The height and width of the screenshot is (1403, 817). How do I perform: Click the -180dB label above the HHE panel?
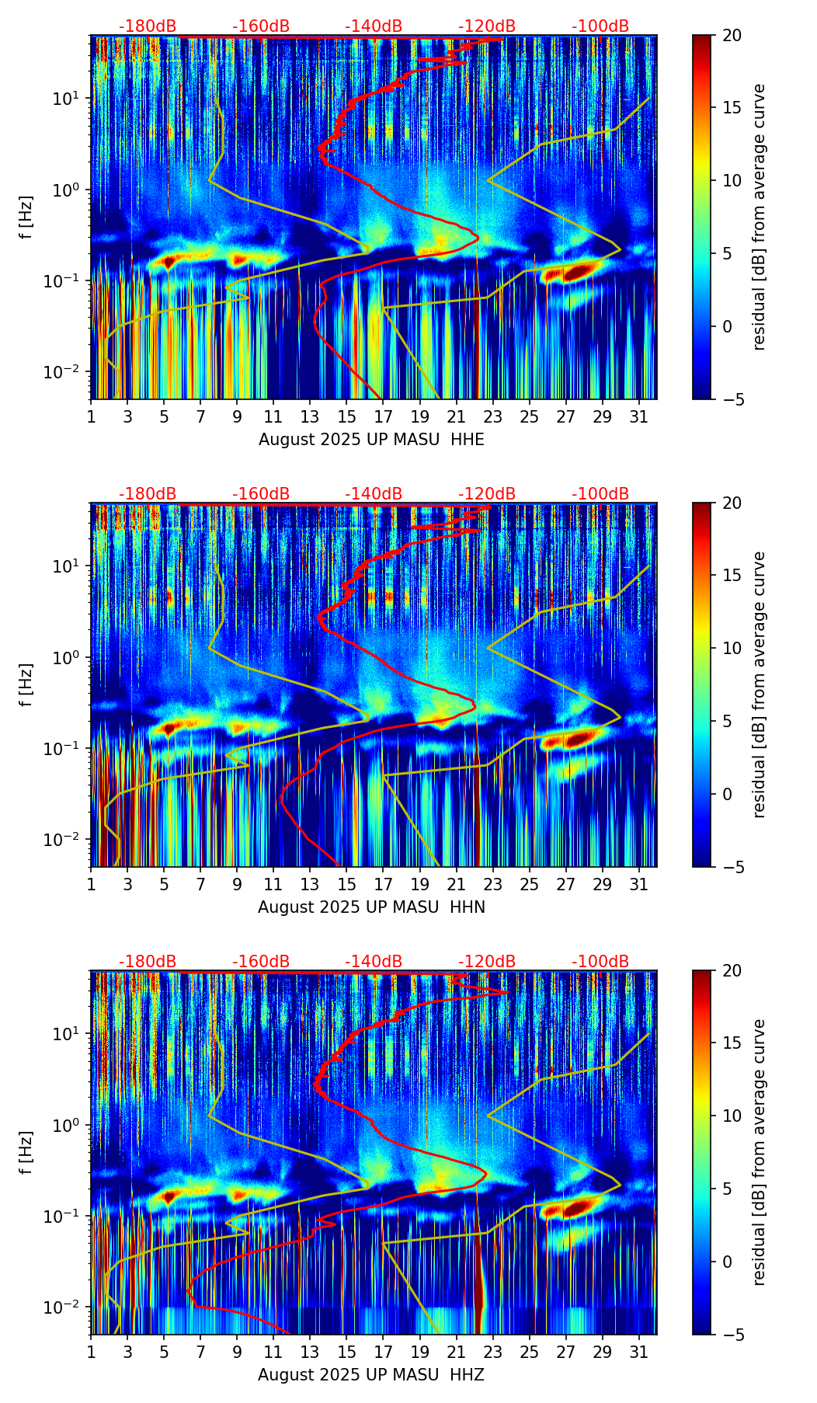(x=148, y=26)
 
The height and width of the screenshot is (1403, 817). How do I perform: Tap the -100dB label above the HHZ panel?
(x=600, y=962)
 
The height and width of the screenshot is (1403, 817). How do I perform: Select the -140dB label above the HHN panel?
(x=374, y=494)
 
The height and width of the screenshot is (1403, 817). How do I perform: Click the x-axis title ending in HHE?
(x=371, y=440)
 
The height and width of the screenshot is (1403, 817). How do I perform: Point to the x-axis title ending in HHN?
(x=371, y=907)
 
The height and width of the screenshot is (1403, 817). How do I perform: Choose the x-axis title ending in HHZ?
(x=371, y=1375)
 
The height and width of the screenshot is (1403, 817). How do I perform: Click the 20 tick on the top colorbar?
(x=731, y=35)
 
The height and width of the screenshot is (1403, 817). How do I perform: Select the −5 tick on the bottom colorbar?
(x=731, y=1335)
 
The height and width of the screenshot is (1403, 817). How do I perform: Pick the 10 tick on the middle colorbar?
(x=731, y=648)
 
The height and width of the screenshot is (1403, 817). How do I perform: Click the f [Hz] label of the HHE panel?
(x=26, y=217)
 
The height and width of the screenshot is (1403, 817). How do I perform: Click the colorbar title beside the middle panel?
(x=759, y=684)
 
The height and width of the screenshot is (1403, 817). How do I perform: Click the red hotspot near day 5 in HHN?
(x=168, y=729)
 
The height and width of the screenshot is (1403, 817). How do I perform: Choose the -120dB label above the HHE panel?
(x=487, y=26)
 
